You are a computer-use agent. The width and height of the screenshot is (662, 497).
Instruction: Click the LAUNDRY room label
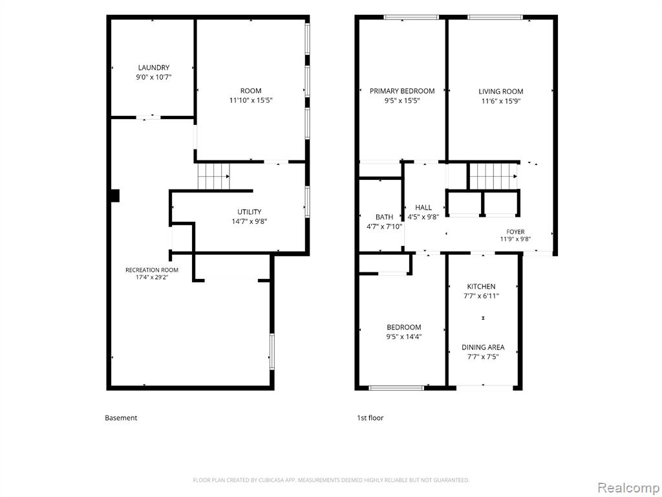pyautogui.click(x=154, y=67)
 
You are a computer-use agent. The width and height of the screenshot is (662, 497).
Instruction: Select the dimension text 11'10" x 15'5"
pyautogui.click(x=251, y=100)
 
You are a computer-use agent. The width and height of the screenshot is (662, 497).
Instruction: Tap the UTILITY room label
pyautogui.click(x=249, y=212)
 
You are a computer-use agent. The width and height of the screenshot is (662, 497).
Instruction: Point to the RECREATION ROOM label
pyautogui.click(x=152, y=270)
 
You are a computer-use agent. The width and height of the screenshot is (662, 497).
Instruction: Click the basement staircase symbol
pyautogui.click(x=214, y=176)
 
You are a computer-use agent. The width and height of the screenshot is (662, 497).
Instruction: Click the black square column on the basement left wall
pyautogui.click(x=115, y=195)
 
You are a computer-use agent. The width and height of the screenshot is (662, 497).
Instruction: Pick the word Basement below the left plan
pyautogui.click(x=121, y=418)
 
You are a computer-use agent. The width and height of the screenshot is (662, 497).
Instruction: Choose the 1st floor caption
pyautogui.click(x=370, y=418)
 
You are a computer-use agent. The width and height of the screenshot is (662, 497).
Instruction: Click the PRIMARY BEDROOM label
pyautogui.click(x=402, y=91)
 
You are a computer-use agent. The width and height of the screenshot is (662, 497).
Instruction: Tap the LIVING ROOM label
pyautogui.click(x=501, y=91)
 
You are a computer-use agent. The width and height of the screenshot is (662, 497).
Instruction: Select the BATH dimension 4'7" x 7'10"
pyautogui.click(x=384, y=226)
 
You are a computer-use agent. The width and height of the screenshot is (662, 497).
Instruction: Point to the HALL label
pyautogui.click(x=423, y=208)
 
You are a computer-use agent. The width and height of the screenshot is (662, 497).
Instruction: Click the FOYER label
pyautogui.click(x=515, y=232)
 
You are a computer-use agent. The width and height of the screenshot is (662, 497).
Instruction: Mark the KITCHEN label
pyautogui.click(x=481, y=287)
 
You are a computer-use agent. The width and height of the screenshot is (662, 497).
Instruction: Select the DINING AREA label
pyautogui.click(x=483, y=348)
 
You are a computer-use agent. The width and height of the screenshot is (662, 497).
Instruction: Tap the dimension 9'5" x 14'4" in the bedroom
pyautogui.click(x=404, y=337)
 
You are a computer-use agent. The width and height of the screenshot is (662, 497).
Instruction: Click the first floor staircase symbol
pyautogui.click(x=493, y=176)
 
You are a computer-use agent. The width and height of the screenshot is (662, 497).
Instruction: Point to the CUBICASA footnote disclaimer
pyautogui.click(x=331, y=480)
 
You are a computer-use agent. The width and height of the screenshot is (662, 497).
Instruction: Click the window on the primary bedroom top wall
pyautogui.click(x=411, y=17)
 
